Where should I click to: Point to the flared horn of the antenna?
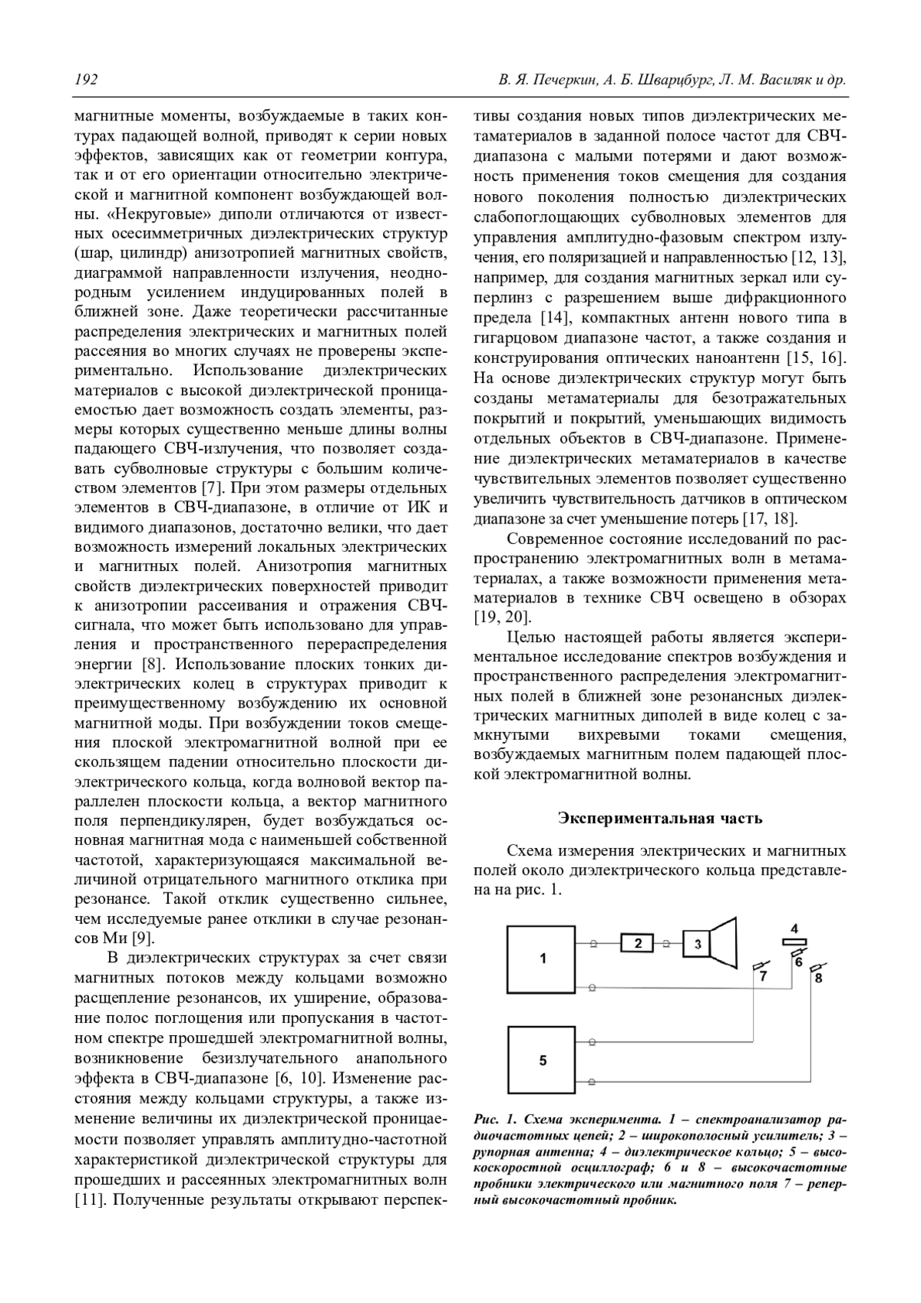(x=723, y=943)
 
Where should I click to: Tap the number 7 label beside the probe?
(x=763, y=977)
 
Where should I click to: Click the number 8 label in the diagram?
(x=818, y=978)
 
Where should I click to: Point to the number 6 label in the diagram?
(x=798, y=961)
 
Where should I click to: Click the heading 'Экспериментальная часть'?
(x=660, y=818)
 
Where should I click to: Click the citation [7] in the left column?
(x=212, y=487)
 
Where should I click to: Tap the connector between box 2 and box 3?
(x=668, y=943)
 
